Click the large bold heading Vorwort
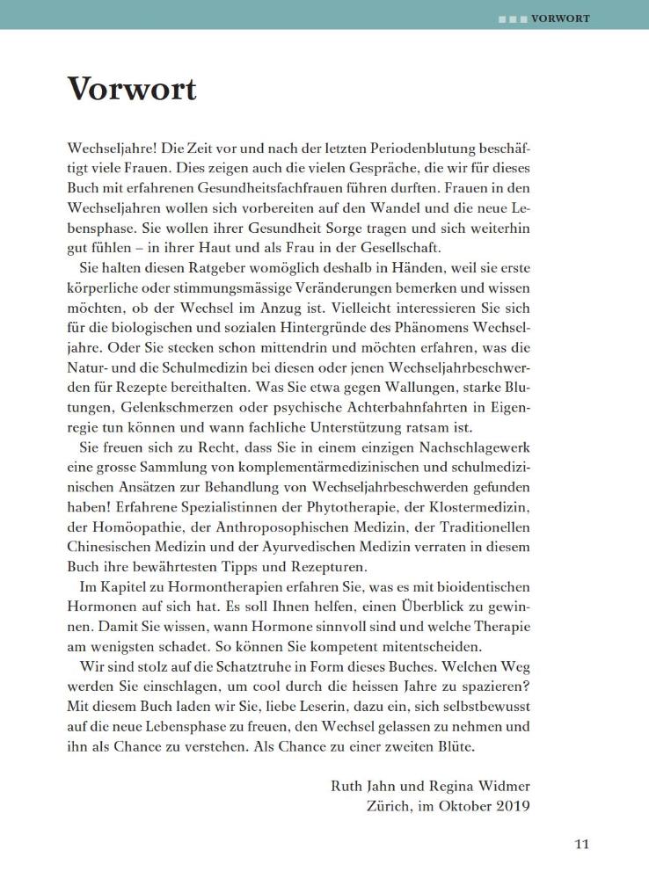(x=132, y=89)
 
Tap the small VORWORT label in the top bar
(x=560, y=18)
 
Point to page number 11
(x=581, y=844)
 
